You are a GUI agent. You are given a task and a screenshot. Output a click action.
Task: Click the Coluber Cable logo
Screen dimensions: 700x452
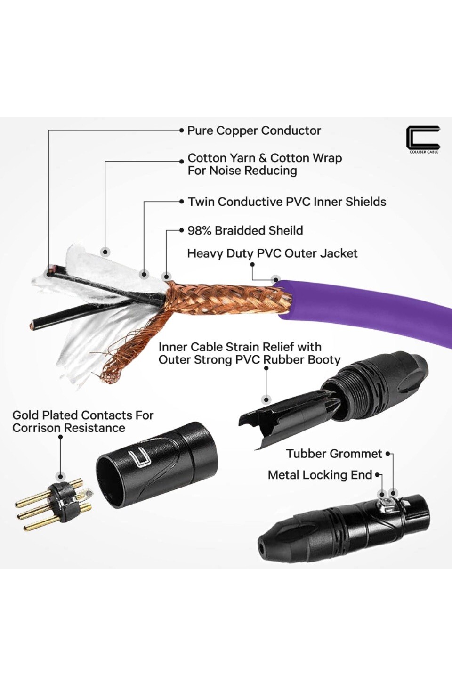coord(423,139)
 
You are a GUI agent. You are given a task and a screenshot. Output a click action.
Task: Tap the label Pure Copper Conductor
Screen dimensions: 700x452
coord(254,130)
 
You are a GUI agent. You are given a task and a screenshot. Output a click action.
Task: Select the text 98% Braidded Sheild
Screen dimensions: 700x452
coord(245,230)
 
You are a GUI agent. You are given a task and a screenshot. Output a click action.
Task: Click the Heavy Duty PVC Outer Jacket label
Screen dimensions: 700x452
coord(272,253)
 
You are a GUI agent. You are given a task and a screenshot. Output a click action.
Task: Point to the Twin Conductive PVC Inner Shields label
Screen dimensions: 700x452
coord(287,202)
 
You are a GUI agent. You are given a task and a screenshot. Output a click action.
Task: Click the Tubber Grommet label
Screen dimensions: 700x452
coord(334,454)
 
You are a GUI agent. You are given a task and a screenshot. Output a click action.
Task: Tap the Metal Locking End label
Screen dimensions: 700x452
coord(320,475)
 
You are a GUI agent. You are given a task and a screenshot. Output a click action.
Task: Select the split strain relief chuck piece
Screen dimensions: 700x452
coord(278,417)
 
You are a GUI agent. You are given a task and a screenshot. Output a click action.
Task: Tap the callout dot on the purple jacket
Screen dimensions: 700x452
coord(276,279)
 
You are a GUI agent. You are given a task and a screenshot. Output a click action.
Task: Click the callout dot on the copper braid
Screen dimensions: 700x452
coord(166,277)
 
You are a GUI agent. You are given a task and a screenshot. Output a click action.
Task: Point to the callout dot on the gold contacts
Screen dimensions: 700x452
coord(60,476)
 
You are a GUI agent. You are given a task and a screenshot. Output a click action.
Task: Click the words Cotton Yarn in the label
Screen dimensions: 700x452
coord(221,158)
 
